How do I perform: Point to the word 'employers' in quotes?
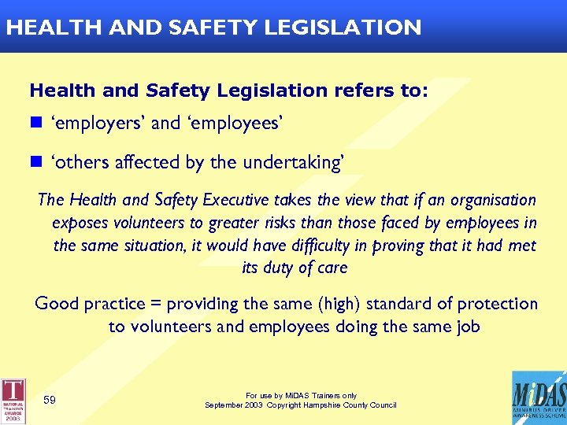click(x=98, y=124)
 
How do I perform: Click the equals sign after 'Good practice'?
click(x=157, y=304)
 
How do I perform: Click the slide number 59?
click(x=50, y=401)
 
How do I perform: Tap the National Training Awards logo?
click(x=13, y=399)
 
